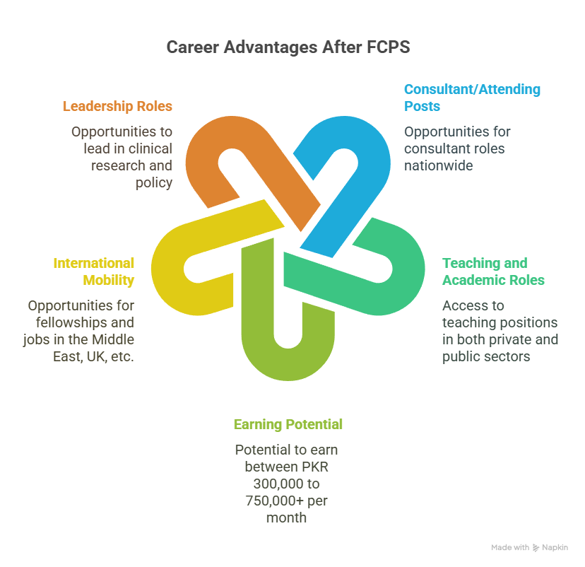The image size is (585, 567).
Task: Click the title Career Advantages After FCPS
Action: coord(288,47)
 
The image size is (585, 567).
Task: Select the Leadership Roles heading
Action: coord(117,106)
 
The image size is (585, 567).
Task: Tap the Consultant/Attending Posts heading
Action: coord(472,98)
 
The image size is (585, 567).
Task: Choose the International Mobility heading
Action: coord(94,271)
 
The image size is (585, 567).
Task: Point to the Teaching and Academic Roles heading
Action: coord(493,271)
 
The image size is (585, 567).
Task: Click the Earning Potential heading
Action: coord(288,424)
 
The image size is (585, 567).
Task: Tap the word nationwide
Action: coord(438,165)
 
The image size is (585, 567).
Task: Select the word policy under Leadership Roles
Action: coord(154,183)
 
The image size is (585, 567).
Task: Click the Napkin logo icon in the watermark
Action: coord(536,548)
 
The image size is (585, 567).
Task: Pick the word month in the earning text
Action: coord(287,518)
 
